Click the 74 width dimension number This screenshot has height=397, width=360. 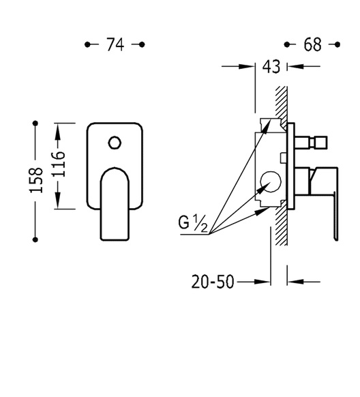(x=115, y=44)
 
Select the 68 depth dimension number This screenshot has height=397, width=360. (x=312, y=44)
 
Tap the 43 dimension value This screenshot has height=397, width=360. (x=271, y=67)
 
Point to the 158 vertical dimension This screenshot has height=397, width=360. (x=36, y=180)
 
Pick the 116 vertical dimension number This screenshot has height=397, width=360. (x=58, y=164)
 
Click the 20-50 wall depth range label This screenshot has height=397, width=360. (x=213, y=282)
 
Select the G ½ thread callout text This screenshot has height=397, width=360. (x=193, y=224)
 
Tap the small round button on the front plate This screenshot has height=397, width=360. (x=115, y=143)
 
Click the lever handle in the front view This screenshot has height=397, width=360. (x=115, y=203)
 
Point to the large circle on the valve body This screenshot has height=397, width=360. (x=271, y=181)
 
